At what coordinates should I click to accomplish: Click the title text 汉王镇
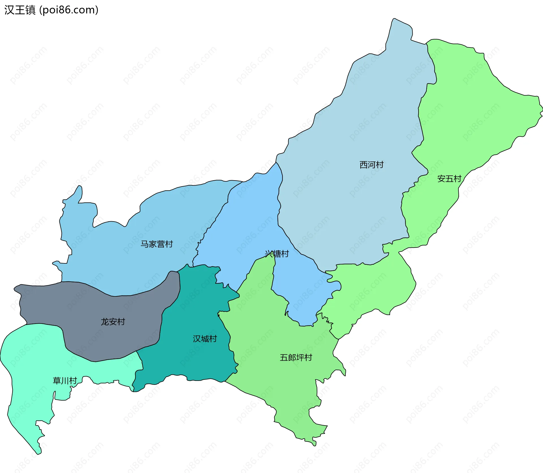point(20,10)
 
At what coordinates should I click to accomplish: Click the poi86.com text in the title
point(69,10)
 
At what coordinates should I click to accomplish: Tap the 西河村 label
point(371,165)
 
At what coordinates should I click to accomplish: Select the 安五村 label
point(449,179)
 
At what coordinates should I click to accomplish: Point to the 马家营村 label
point(157,244)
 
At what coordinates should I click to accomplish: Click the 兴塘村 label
point(277,254)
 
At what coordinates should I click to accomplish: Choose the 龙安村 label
point(113,322)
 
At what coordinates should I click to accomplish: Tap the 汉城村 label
point(205,339)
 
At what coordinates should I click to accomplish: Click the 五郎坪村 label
point(296,357)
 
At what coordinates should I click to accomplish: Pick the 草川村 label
point(65,381)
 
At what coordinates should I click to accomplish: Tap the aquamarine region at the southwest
point(31,367)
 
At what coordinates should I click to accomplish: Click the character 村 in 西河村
point(380,165)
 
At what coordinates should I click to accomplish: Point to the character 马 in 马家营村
point(145,244)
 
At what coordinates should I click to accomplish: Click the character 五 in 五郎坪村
point(284,357)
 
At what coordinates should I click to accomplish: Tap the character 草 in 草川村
point(57,381)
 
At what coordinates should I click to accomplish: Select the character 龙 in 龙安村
point(105,322)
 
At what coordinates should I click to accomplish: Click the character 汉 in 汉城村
point(197,339)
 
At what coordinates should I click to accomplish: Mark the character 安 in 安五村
point(441,179)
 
